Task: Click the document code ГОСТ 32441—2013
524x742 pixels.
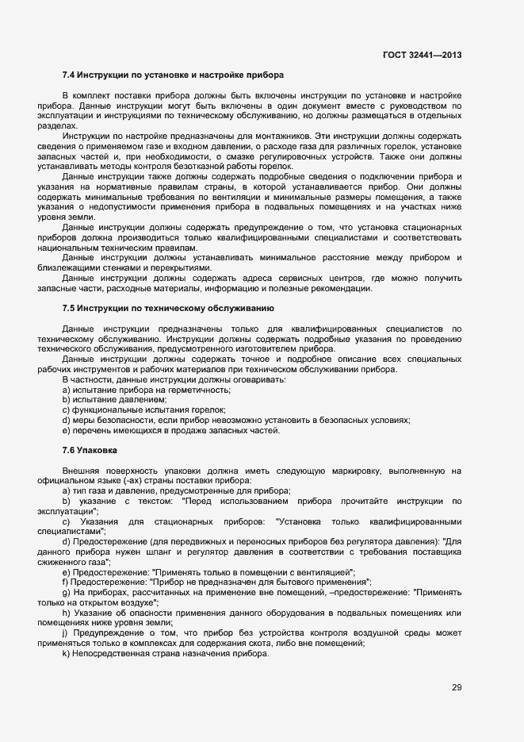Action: [422, 55]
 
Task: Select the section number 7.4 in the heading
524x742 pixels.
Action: [69, 75]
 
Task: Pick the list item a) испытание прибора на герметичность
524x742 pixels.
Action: [146, 390]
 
